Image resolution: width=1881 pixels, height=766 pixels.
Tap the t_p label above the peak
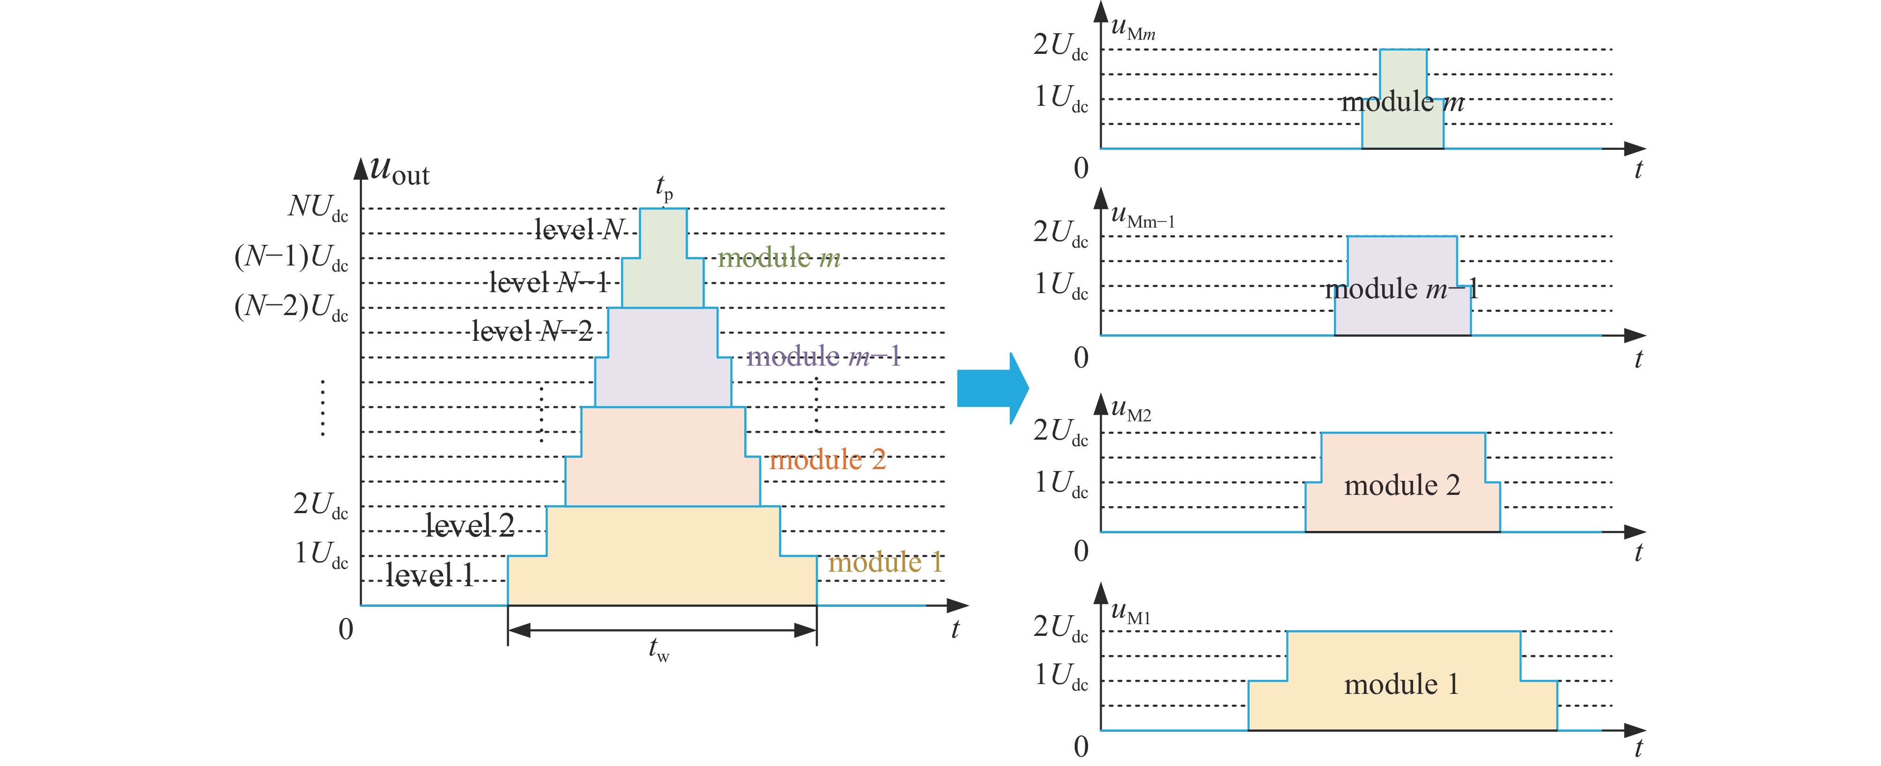(664, 188)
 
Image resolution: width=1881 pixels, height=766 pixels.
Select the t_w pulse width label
(659, 648)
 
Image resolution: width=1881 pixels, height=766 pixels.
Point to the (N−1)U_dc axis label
(290, 258)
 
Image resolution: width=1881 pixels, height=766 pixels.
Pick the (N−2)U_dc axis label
(290, 308)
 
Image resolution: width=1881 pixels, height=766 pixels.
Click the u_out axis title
(400, 172)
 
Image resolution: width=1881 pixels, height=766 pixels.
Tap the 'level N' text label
(579, 230)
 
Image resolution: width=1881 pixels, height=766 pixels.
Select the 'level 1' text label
(430, 575)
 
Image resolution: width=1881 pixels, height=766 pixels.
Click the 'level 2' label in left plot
(469, 525)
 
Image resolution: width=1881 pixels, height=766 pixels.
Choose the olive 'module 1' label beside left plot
(884, 562)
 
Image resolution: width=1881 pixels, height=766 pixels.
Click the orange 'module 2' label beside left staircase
(827, 460)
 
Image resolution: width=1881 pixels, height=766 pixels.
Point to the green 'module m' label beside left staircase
(778, 258)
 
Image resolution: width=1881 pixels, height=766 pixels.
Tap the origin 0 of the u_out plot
(346, 629)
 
